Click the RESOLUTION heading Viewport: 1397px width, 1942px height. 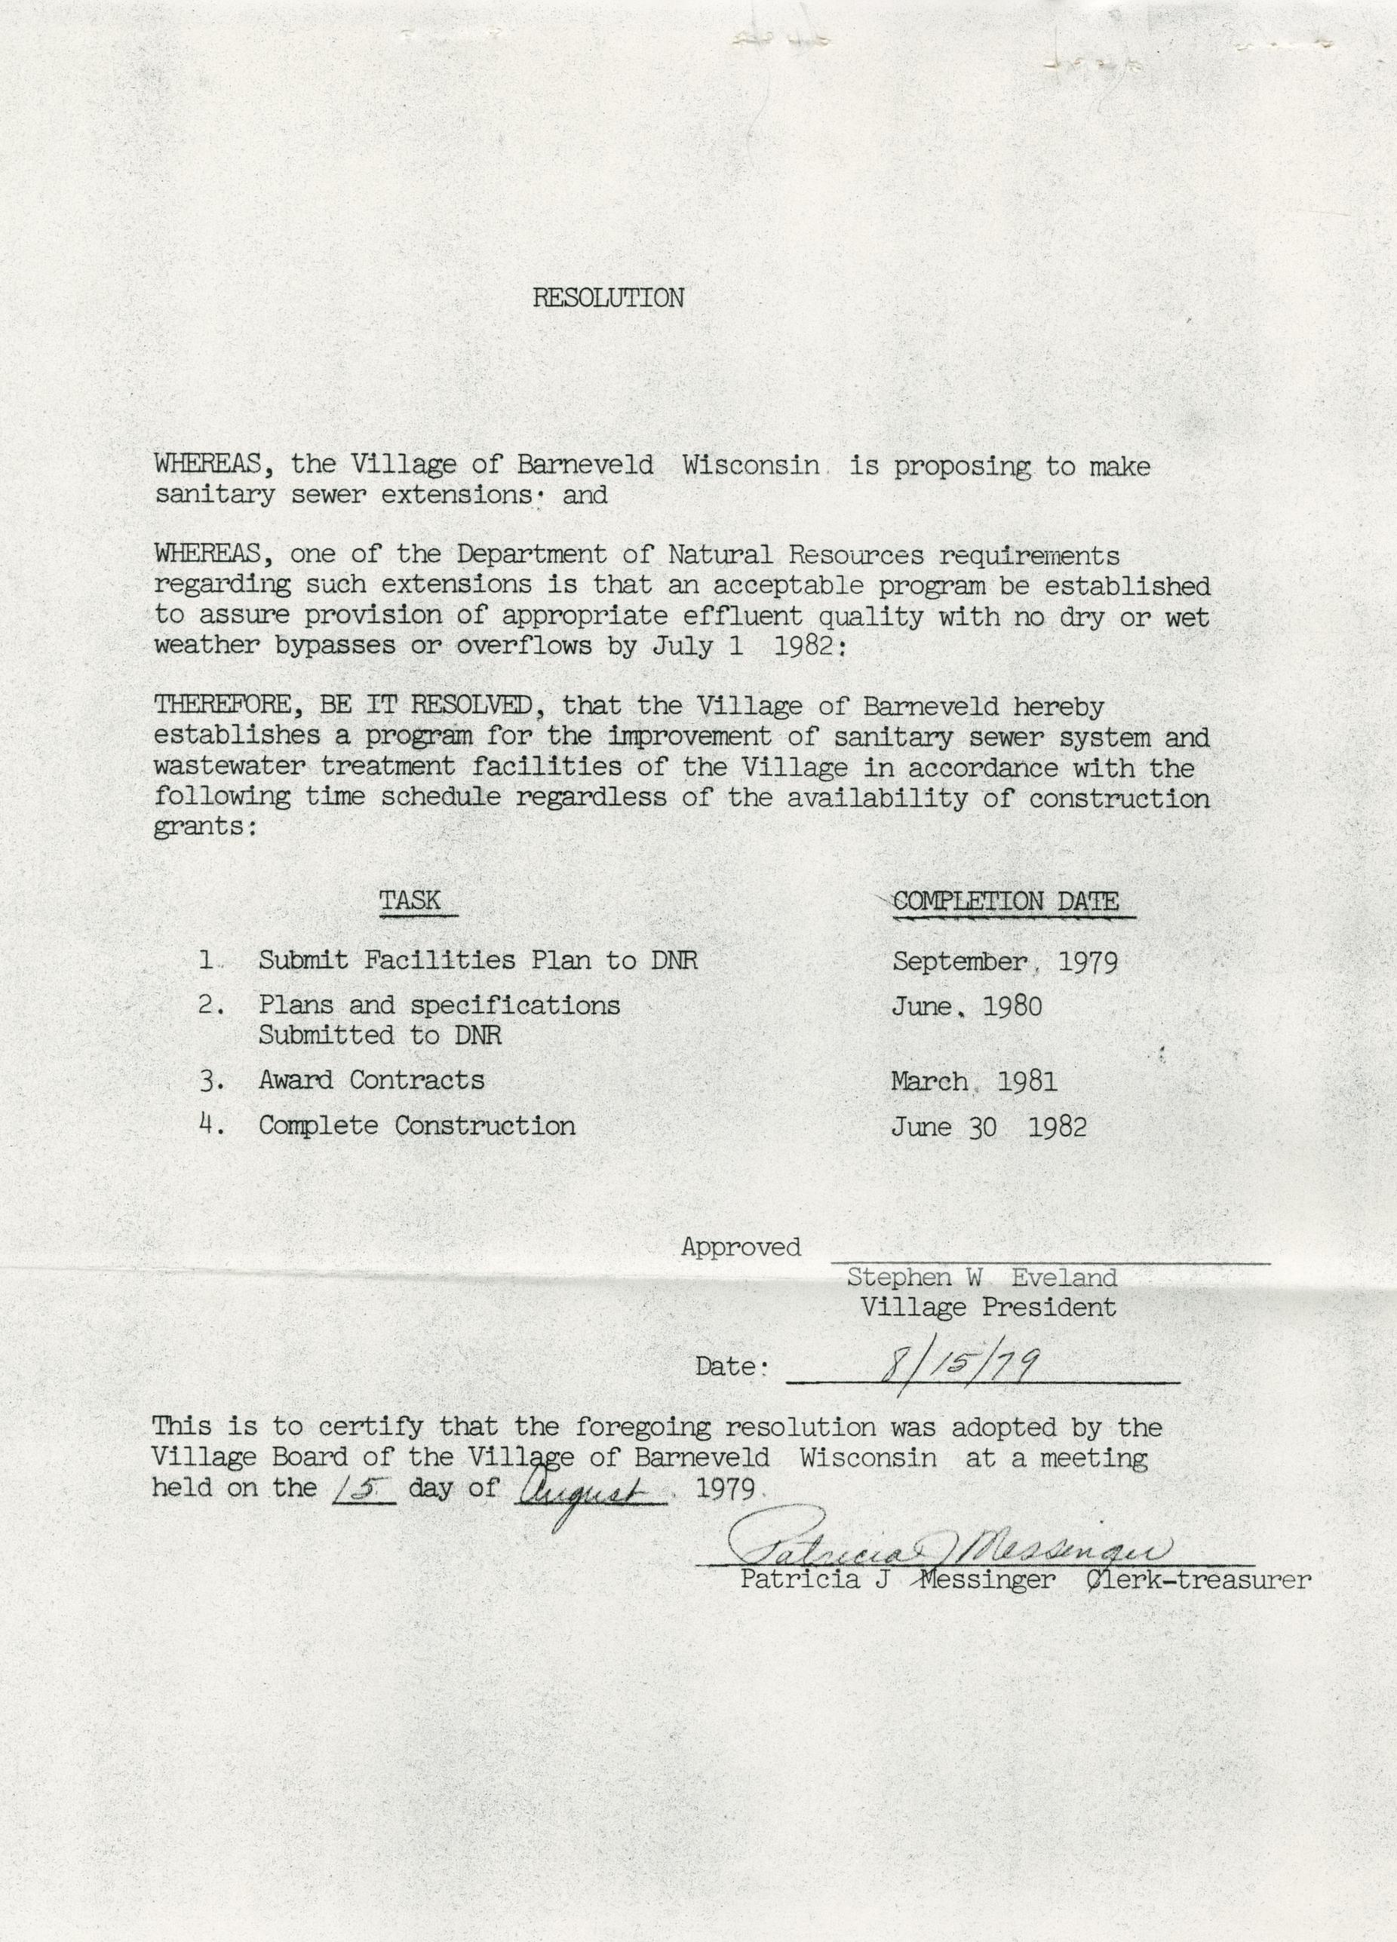tap(608, 298)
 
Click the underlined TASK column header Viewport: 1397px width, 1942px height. tap(410, 900)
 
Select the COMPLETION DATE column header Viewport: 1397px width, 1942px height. tap(1005, 902)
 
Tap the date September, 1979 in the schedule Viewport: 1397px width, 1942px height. tap(1004, 962)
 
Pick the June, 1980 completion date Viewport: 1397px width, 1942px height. tap(966, 1006)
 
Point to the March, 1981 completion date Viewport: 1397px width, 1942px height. tap(973, 1081)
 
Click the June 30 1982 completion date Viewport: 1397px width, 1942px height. tap(987, 1127)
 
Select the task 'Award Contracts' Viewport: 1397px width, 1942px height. tap(371, 1081)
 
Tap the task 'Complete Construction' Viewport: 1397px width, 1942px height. tap(416, 1125)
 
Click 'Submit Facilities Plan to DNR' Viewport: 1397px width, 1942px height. tap(478, 961)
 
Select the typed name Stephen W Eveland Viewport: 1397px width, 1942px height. tap(981, 1278)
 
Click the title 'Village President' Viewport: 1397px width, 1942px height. tap(987, 1308)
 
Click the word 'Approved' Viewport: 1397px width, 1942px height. tap(741, 1247)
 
